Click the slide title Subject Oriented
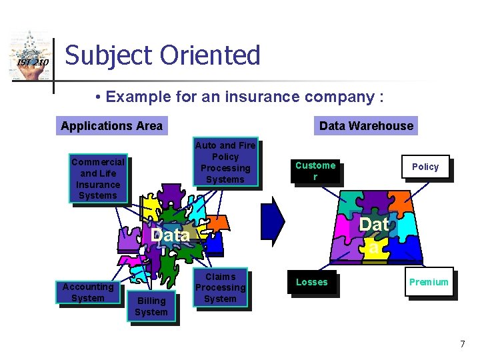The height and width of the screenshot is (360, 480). click(x=163, y=55)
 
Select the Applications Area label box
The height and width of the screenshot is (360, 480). click(x=111, y=125)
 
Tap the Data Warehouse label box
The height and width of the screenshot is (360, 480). click(x=366, y=125)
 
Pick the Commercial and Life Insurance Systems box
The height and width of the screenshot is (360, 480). click(x=98, y=179)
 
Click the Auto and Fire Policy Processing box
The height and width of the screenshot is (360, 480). click(x=225, y=163)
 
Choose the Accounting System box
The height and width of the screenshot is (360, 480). click(x=88, y=293)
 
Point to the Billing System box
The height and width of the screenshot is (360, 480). click(x=151, y=307)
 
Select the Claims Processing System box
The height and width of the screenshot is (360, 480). click(x=220, y=288)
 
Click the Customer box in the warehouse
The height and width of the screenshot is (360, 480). click(x=315, y=171)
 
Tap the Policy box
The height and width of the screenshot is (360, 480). click(x=425, y=167)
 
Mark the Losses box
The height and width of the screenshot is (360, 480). click(x=311, y=282)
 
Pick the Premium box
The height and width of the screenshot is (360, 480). click(x=429, y=282)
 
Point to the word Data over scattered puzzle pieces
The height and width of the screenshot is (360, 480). click(x=171, y=235)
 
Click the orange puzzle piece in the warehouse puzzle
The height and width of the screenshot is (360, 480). click(x=399, y=201)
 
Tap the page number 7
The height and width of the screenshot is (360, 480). click(x=462, y=344)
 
